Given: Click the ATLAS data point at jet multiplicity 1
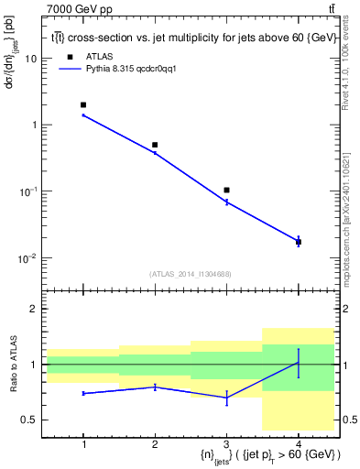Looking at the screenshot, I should point(83,105).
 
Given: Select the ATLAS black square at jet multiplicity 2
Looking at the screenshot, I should point(155,145).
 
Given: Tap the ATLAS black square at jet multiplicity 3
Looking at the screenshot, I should point(226,190).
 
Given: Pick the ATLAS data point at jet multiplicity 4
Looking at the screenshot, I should point(298,242).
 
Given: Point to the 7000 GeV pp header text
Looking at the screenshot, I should point(34,8).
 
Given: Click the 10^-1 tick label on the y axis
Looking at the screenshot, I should point(28,191).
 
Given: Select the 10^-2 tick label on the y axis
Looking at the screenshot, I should point(28,257).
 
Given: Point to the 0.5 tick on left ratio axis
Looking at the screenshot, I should point(30,420).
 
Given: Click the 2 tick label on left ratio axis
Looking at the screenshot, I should point(36,309).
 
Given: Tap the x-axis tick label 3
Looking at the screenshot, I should point(226,443).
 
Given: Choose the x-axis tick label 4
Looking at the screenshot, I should point(298,443).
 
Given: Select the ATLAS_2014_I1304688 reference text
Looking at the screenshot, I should point(191,274).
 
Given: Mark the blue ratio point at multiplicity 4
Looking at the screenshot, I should point(298,363).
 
